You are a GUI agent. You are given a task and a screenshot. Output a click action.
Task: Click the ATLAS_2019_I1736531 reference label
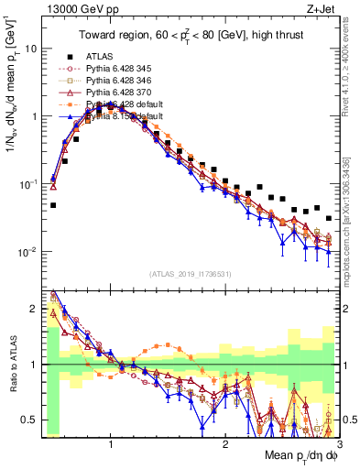click(191, 274)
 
